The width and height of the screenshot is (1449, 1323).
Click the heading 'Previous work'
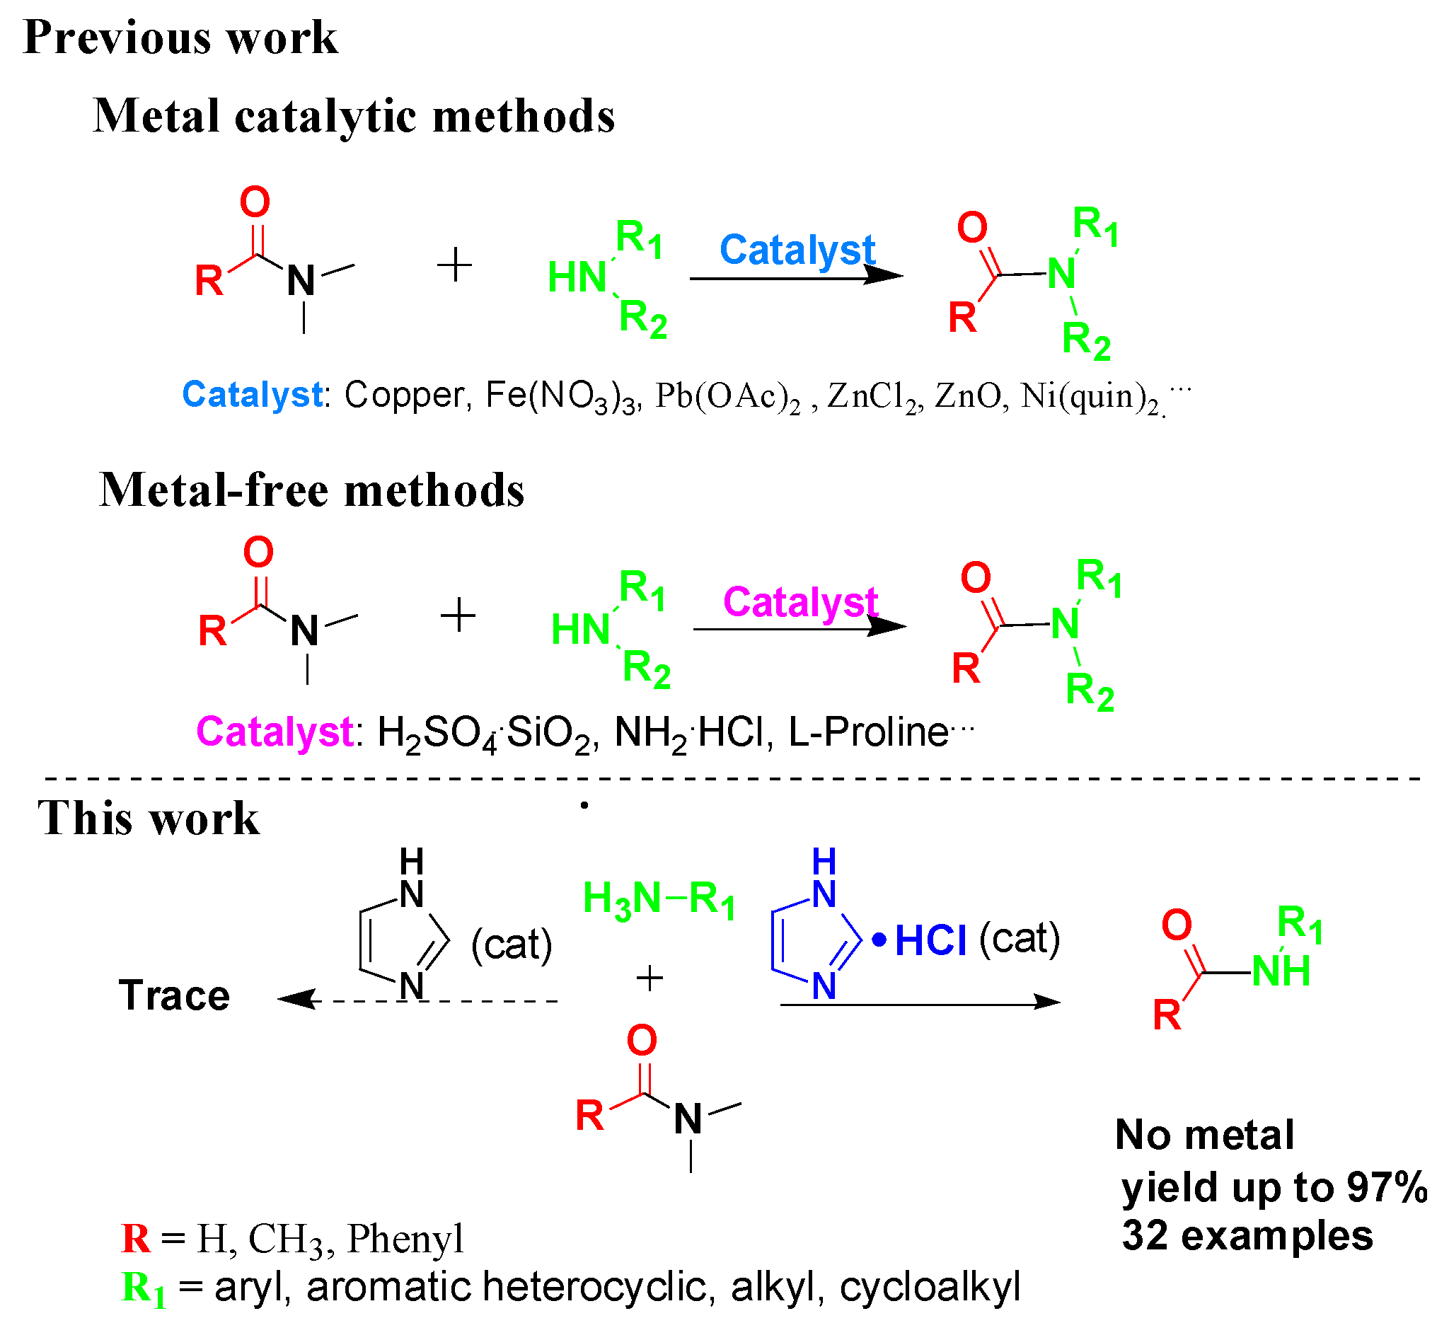(x=180, y=38)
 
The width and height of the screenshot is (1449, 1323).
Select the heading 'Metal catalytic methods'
(x=354, y=117)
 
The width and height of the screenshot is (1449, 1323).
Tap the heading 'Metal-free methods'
(x=311, y=491)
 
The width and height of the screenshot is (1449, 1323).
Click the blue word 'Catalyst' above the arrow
(x=797, y=250)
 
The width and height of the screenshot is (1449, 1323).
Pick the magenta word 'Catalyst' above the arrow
(x=800, y=601)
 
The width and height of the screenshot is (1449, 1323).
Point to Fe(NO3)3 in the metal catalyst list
(x=561, y=396)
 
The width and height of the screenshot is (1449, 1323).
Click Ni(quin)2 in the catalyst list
(x=1090, y=397)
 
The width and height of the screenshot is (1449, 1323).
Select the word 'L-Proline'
(x=868, y=733)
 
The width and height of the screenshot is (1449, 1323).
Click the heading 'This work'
(x=148, y=819)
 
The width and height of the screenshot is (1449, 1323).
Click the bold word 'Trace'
(x=174, y=996)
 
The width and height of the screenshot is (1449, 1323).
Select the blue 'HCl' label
(x=930, y=941)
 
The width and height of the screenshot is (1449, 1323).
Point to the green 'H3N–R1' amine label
(x=659, y=899)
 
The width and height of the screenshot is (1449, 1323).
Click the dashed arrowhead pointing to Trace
(x=296, y=1000)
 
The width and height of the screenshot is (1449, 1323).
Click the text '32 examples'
(x=1247, y=1237)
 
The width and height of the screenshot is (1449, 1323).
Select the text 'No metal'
(x=1204, y=1136)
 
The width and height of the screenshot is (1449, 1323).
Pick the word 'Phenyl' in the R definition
(x=405, y=1239)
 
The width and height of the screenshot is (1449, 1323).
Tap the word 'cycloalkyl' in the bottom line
(x=930, y=1287)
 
